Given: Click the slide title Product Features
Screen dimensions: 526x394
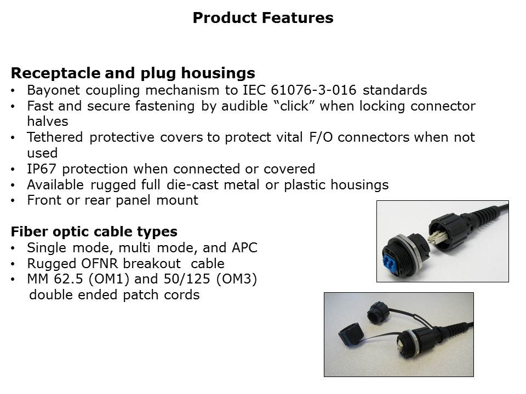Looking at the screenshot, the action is click(x=263, y=18).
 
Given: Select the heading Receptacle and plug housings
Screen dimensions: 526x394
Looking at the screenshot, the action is click(x=133, y=73).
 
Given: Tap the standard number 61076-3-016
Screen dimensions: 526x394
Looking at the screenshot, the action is click(x=313, y=90).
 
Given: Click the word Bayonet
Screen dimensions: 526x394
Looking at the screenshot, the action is click(x=53, y=90).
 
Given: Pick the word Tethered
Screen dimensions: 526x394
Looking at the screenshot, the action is click(x=55, y=137).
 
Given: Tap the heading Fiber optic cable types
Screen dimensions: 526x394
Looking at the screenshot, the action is click(x=94, y=232).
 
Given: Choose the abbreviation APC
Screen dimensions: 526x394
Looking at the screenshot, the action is click(x=244, y=248).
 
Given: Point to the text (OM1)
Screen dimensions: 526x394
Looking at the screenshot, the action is click(x=109, y=279).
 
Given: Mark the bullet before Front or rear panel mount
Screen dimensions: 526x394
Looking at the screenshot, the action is click(x=13, y=201).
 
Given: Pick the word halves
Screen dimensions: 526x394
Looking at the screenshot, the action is click(x=48, y=121).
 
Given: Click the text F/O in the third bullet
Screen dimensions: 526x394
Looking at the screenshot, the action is click(x=321, y=137).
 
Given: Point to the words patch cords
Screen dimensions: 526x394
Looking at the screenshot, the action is click(x=161, y=295).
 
